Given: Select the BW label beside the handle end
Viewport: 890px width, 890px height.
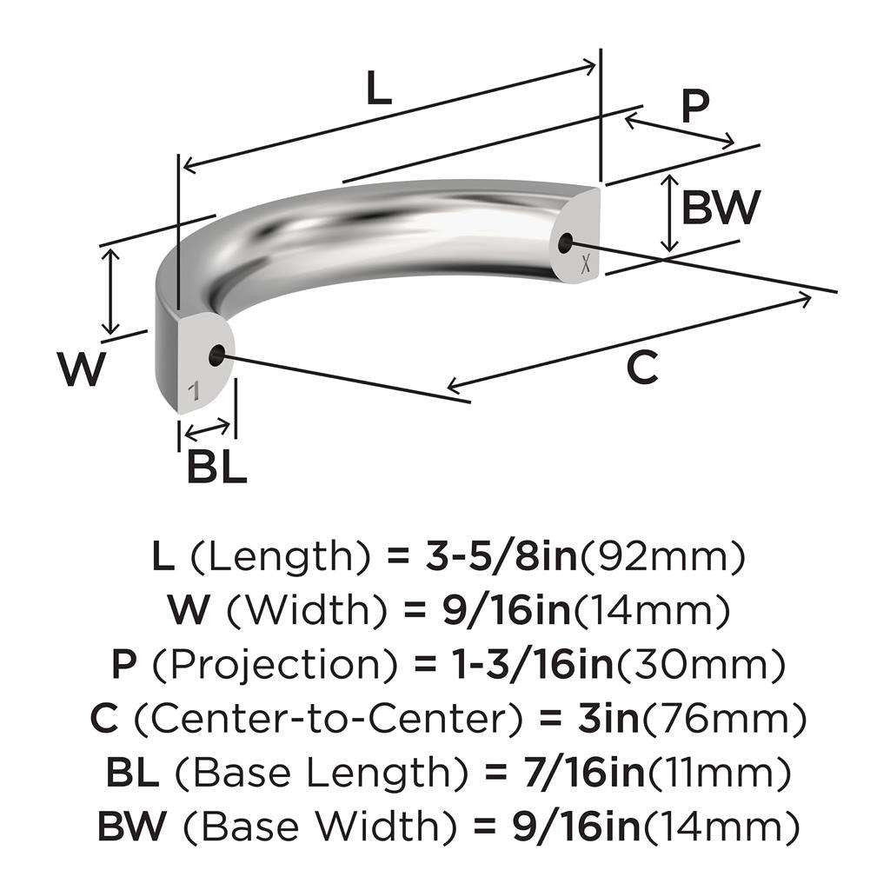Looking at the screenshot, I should tap(721, 207).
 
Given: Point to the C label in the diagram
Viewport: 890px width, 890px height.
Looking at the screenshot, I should tap(641, 369).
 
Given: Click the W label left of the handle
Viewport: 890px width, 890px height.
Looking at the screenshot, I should tap(83, 369).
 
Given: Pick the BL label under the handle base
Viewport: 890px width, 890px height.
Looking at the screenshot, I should tap(216, 468).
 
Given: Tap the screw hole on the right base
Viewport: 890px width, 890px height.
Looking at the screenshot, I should tap(568, 242).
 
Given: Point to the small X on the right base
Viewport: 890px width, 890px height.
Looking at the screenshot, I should tap(587, 265).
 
